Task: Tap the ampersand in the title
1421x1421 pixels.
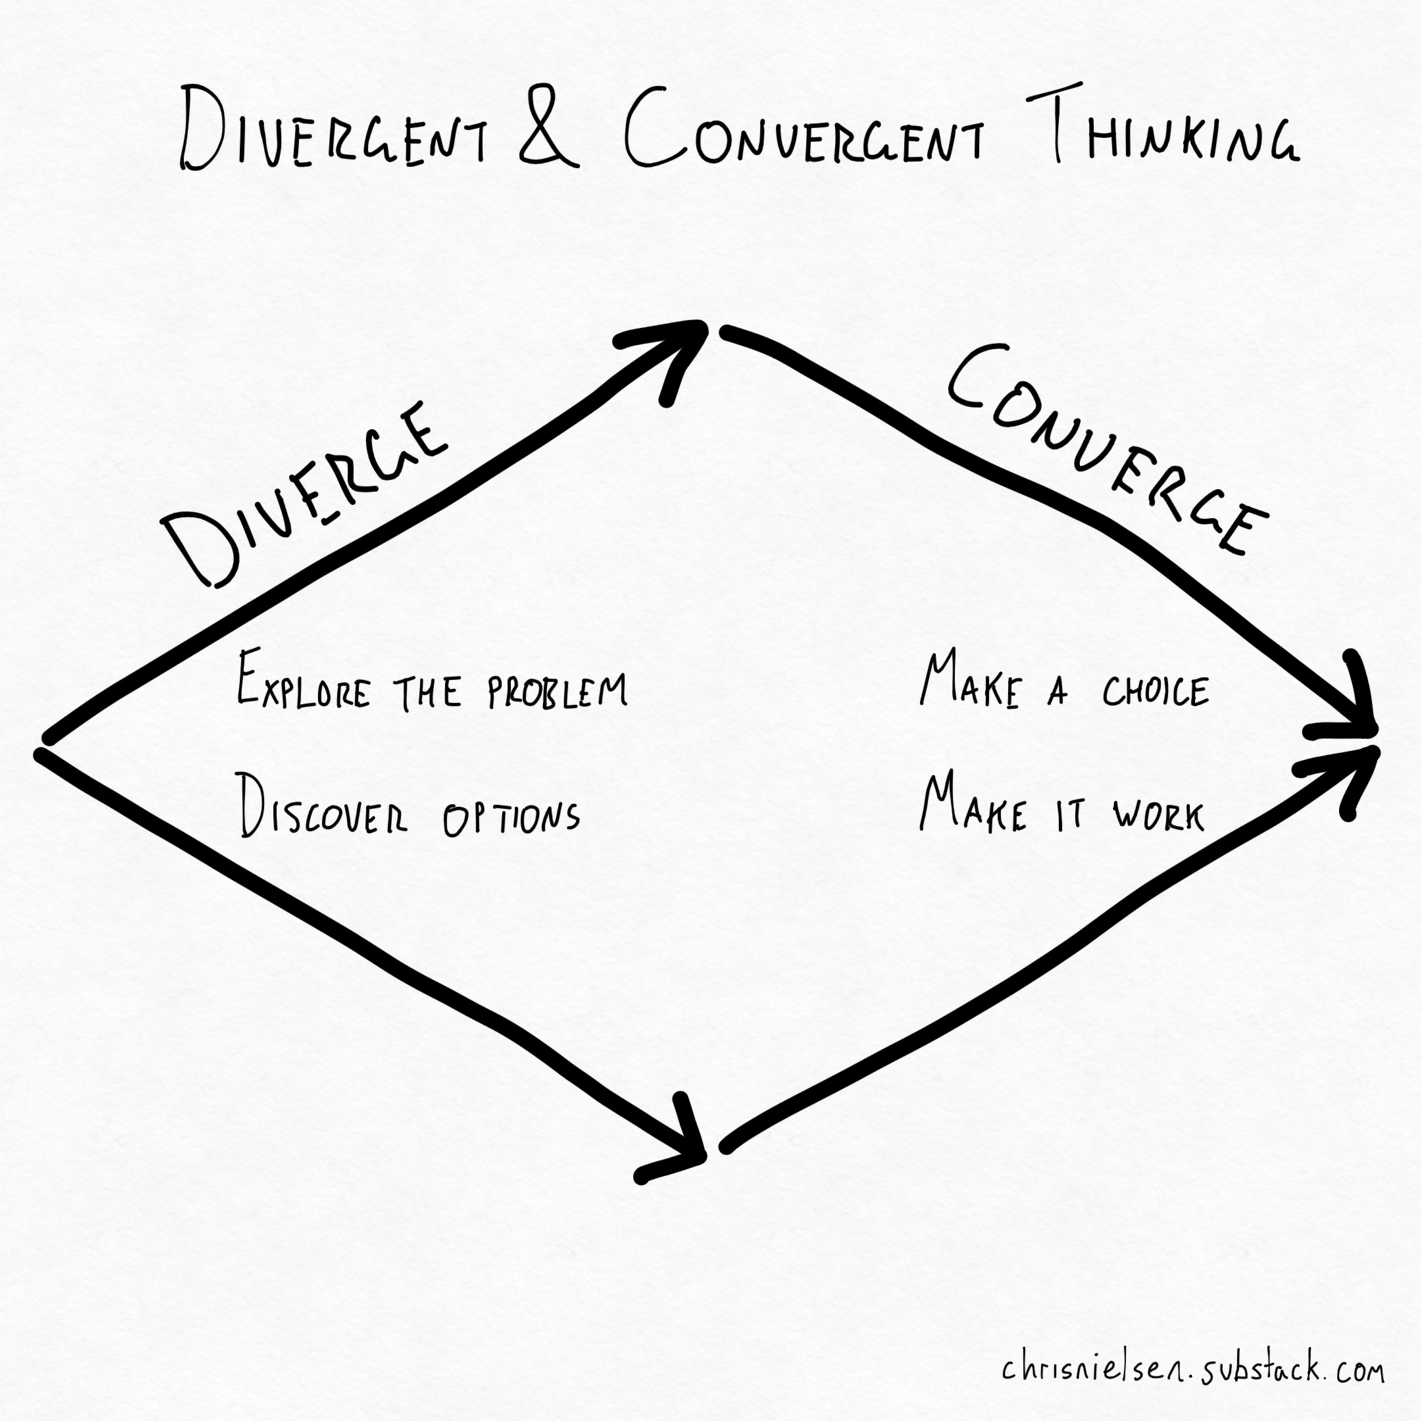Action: [547, 130]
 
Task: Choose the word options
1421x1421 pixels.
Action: [511, 816]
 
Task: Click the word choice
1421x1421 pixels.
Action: [1155, 691]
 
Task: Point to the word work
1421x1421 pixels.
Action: [1159, 816]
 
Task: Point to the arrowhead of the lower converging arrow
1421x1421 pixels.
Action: [1353, 768]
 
